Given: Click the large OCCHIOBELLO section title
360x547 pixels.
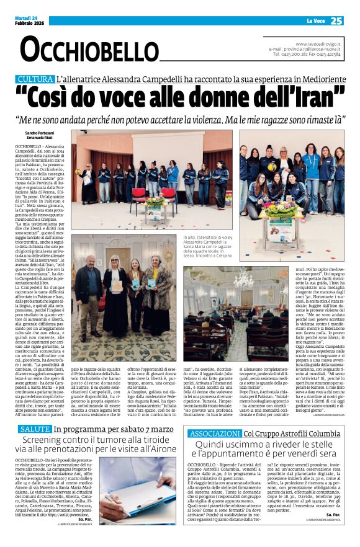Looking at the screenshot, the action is pyautogui.click(x=81, y=49).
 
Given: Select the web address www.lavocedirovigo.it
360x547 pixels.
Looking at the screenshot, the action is pyautogui.click(x=317, y=44).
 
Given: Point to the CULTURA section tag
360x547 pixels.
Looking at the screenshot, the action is pyautogui.click(x=35, y=79).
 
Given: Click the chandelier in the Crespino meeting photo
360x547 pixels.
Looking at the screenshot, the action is pyautogui.click(x=242, y=280).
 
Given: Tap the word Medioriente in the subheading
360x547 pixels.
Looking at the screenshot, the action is pyautogui.click(x=313, y=79).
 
